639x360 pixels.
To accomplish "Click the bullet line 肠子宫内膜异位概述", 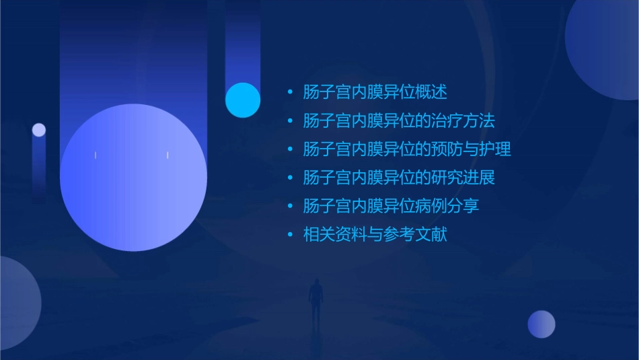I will (375, 92).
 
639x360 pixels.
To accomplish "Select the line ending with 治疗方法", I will (399, 121).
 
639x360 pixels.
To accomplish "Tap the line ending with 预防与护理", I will (407, 149).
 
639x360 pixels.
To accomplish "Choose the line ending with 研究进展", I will (399, 178).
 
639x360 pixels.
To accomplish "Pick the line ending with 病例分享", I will (391, 206).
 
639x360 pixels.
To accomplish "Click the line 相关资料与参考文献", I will (375, 235).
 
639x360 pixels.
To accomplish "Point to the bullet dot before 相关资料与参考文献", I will (290, 235).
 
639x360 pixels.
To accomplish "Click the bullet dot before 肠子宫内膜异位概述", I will (290, 92).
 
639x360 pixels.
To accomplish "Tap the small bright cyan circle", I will (243, 100).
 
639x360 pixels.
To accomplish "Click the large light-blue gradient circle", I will (133, 178).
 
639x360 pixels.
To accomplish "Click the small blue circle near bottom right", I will (541, 324).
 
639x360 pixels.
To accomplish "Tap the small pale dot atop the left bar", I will (39, 130).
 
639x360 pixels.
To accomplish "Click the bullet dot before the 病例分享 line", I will (290, 206).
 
